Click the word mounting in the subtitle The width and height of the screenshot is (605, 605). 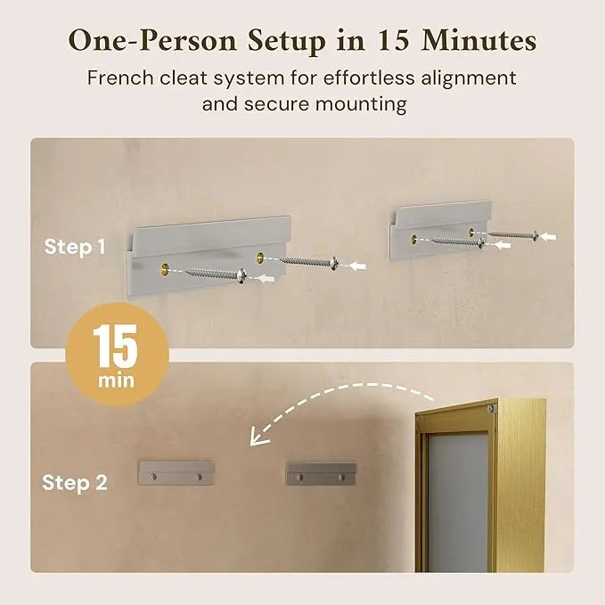pyautogui.click(x=363, y=104)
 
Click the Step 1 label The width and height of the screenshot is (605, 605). pyautogui.click(x=75, y=247)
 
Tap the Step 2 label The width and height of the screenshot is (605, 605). pyautogui.click(x=75, y=483)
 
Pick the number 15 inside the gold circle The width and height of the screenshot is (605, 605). pyautogui.click(x=117, y=347)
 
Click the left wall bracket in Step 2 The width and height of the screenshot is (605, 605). pyautogui.click(x=176, y=473)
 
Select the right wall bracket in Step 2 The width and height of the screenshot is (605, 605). pyautogui.click(x=321, y=473)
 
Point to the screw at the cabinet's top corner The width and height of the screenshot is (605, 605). pyautogui.click(x=489, y=407)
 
